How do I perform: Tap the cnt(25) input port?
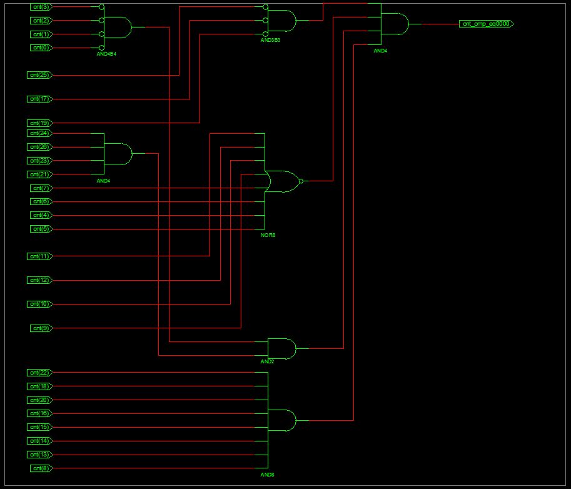coord(40,75)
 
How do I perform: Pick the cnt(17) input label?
coord(40,99)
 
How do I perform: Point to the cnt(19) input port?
coord(40,123)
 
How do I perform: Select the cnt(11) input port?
coord(40,256)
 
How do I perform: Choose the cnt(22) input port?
coord(40,373)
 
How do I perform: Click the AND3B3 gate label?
coord(270,39)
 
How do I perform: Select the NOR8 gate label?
coord(268,235)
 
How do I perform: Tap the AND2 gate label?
coord(267,362)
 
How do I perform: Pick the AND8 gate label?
coord(267,475)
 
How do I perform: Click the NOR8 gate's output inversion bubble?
coord(301,181)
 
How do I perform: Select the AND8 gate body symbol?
coord(282,420)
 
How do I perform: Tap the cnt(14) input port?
coord(40,441)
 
